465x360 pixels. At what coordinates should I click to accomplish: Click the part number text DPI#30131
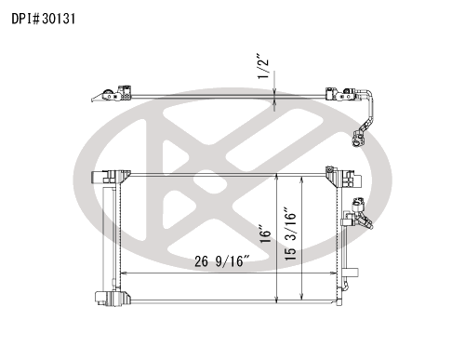(44, 19)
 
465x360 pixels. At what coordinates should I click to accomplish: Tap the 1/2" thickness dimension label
(263, 67)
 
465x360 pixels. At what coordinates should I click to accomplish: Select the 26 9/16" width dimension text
(222, 261)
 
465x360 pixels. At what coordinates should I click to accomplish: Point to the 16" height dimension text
(265, 236)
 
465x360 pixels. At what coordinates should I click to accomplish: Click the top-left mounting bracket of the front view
(111, 178)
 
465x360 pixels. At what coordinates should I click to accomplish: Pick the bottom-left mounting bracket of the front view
(113, 299)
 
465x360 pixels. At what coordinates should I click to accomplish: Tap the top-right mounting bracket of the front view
(343, 178)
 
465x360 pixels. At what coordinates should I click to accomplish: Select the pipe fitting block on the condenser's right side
(356, 215)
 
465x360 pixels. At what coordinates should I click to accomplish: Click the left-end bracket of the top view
(112, 94)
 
